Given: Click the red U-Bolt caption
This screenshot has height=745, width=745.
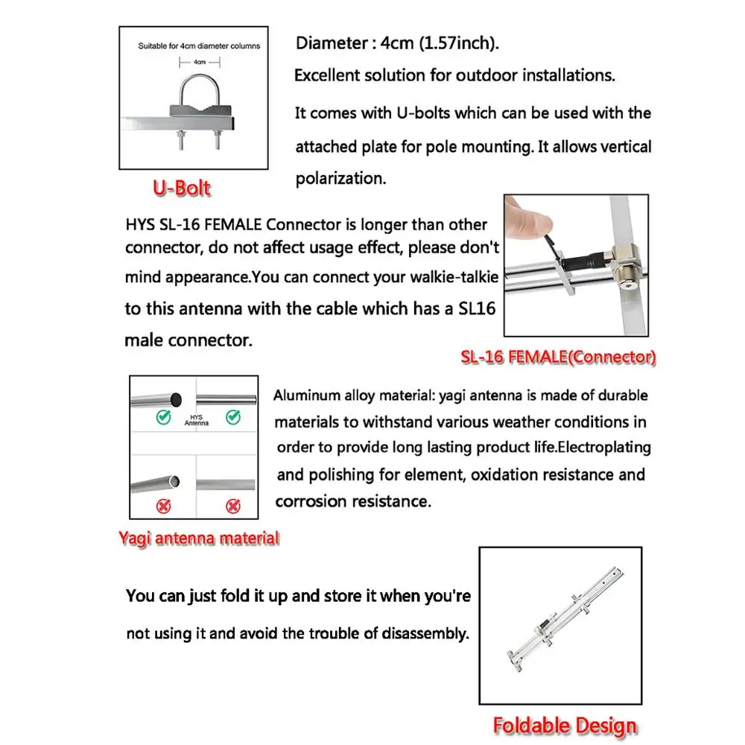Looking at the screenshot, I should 182,188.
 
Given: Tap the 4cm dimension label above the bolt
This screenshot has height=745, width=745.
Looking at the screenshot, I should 199,63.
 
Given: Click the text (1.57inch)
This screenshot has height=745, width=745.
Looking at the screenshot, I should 461,43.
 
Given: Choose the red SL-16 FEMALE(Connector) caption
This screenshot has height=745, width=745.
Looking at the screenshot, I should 557,358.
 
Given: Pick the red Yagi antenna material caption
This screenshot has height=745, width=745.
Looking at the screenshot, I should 199,538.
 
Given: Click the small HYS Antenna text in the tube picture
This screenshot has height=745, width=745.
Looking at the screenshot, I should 196,421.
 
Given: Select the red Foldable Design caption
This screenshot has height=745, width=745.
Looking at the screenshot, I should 565,725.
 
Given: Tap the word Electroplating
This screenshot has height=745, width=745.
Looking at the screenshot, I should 595,448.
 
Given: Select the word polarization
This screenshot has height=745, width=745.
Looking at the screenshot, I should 340,180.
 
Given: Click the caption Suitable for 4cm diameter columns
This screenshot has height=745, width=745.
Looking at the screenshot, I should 199,46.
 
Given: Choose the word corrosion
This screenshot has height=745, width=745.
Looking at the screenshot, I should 307,501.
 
